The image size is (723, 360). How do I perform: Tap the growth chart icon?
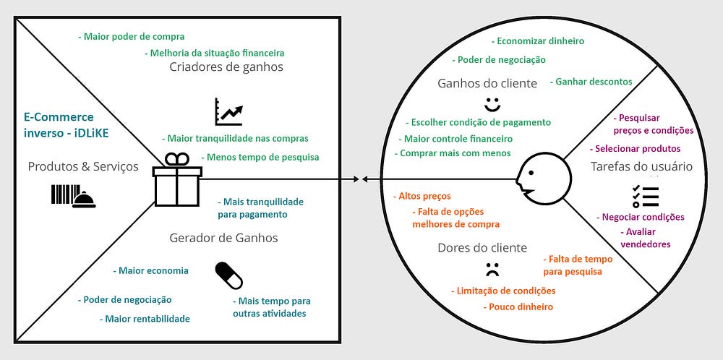228,111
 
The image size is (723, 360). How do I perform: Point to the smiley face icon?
492,104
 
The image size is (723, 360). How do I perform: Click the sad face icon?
492,270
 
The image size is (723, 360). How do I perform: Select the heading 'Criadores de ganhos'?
226,67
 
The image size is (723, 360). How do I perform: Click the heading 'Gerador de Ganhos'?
223,238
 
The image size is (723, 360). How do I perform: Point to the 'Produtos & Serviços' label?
83,167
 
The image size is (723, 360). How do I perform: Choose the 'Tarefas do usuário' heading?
641,167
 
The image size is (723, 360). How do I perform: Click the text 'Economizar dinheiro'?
537,41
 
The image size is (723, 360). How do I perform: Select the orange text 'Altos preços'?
422,196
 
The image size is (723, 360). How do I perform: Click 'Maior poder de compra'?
131,36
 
